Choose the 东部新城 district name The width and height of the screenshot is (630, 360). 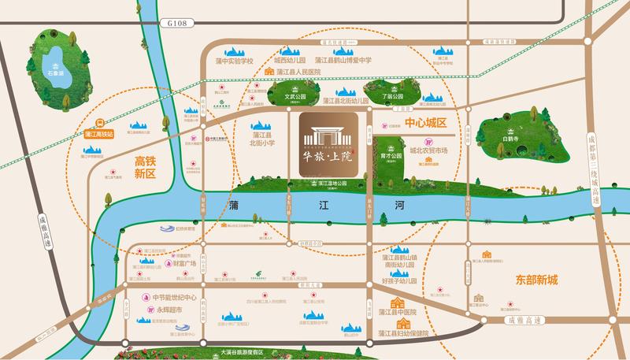pos(538,280)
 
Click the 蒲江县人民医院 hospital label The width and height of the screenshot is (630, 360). pos(303,72)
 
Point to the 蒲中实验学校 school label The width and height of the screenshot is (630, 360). pos(235,61)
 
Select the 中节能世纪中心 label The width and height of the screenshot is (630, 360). pos(176,297)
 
